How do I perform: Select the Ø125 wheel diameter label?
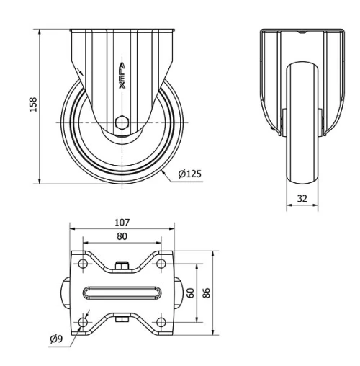point(189,174)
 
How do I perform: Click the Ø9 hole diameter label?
point(59,339)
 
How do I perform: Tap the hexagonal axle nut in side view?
point(122,122)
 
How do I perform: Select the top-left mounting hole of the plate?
point(83,265)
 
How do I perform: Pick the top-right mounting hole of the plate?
point(163,265)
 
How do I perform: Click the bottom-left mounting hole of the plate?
point(83,321)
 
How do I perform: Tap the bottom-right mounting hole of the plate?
point(163,321)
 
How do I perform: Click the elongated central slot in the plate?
point(122,293)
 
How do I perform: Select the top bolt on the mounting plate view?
point(122,266)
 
